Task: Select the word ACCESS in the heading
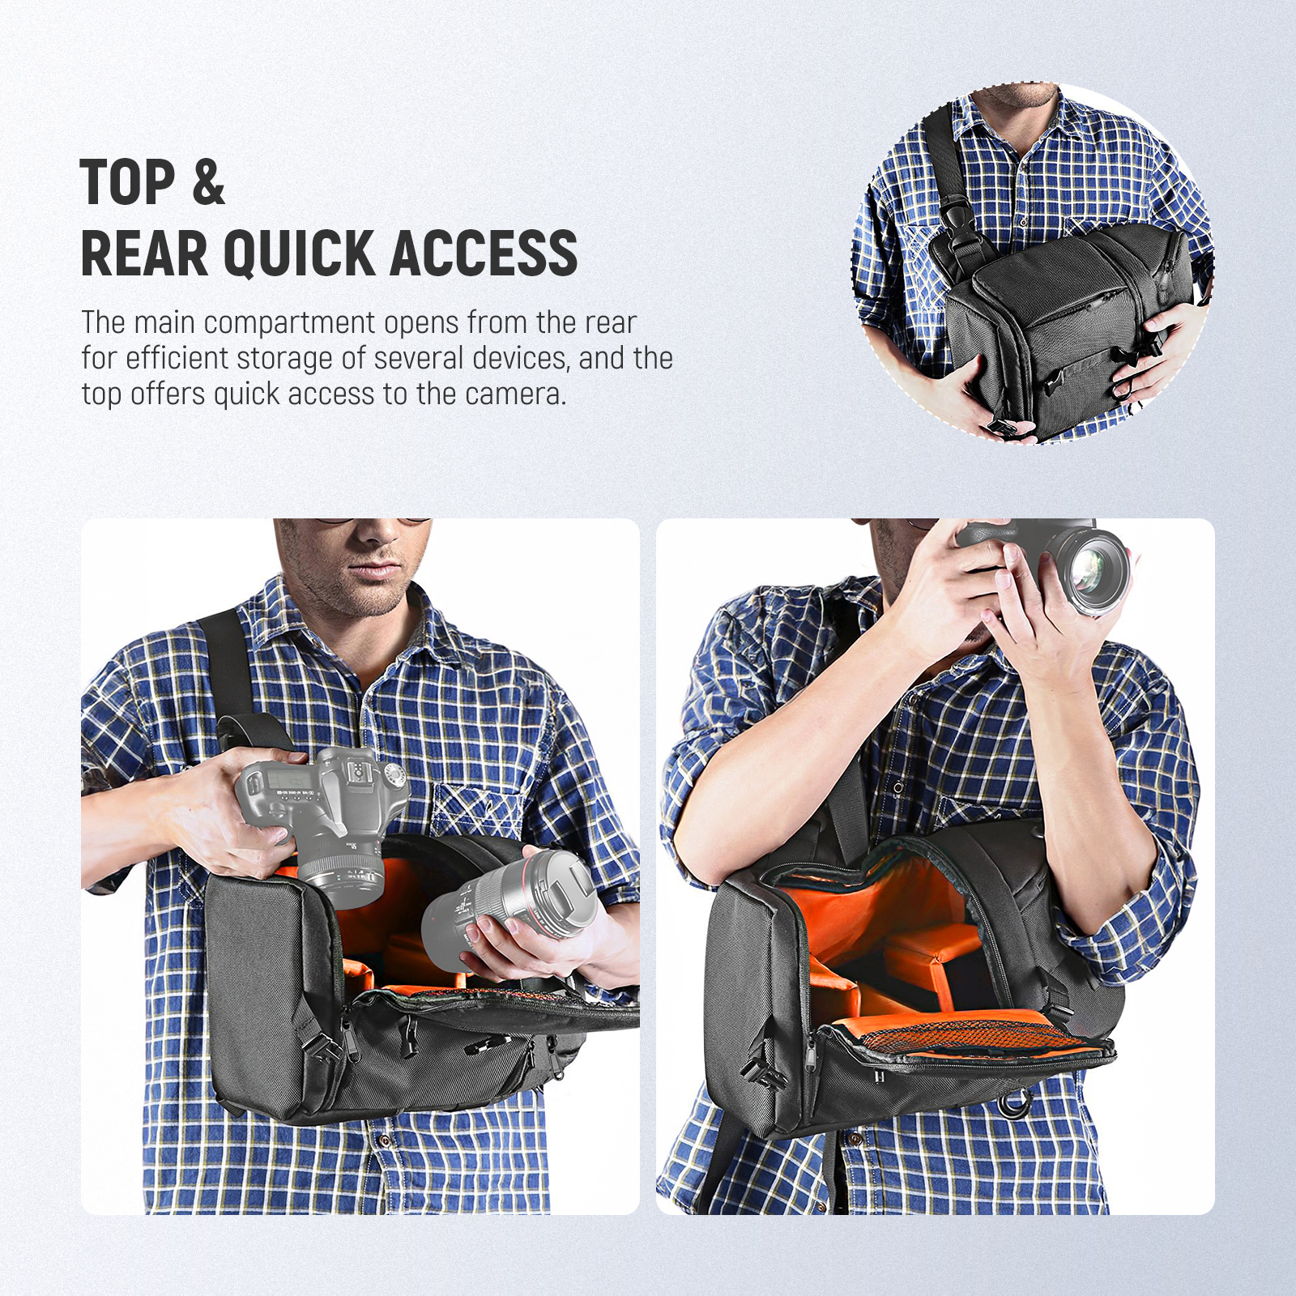(484, 254)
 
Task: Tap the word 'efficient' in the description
(184, 358)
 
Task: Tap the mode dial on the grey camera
(395, 776)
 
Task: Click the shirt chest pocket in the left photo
(478, 818)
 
